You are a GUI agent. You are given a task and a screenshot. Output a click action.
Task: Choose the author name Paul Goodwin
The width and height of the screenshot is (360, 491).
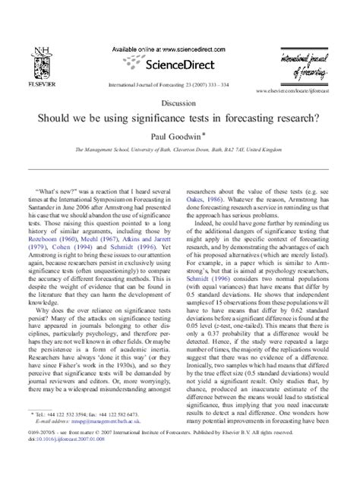point(177,137)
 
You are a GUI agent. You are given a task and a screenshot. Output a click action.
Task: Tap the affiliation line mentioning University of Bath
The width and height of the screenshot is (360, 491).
point(179,151)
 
